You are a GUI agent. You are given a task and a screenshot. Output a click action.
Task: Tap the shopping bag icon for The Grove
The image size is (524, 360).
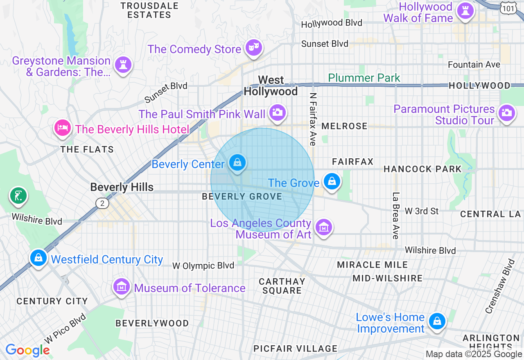pos(332,181)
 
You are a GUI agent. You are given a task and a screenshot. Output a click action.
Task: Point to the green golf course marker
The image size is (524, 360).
pos(18,196)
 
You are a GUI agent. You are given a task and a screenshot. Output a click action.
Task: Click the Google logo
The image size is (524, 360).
pos(27,350)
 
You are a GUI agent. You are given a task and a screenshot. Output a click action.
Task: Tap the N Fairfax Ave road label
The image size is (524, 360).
pos(313,119)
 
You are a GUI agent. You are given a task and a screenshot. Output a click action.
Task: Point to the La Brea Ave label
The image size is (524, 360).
pos(395,216)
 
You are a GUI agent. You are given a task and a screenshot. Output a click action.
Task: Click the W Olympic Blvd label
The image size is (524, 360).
pos(203,265)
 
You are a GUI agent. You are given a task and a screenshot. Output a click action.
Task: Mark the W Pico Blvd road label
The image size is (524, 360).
pos(65,328)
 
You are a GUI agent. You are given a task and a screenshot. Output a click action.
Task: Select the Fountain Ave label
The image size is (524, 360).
pos(474,65)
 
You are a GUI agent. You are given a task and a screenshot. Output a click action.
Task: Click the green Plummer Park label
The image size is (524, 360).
pos(364,78)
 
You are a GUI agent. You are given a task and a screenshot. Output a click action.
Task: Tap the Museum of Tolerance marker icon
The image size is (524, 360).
pos(122,287)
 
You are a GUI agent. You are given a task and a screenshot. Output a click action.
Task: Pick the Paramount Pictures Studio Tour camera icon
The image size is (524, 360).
pos(506,112)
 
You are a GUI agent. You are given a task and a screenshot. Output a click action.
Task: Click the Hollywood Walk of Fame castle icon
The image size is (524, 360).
pos(465,11)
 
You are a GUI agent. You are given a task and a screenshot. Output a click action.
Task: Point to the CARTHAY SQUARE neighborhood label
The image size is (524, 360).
pos(282,286)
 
